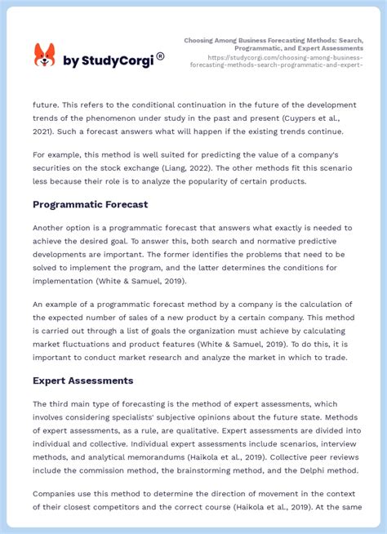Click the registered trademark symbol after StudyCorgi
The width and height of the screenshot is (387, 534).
pyautogui.click(x=160, y=56)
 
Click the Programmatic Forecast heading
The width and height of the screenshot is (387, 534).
pyautogui.click(x=90, y=204)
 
